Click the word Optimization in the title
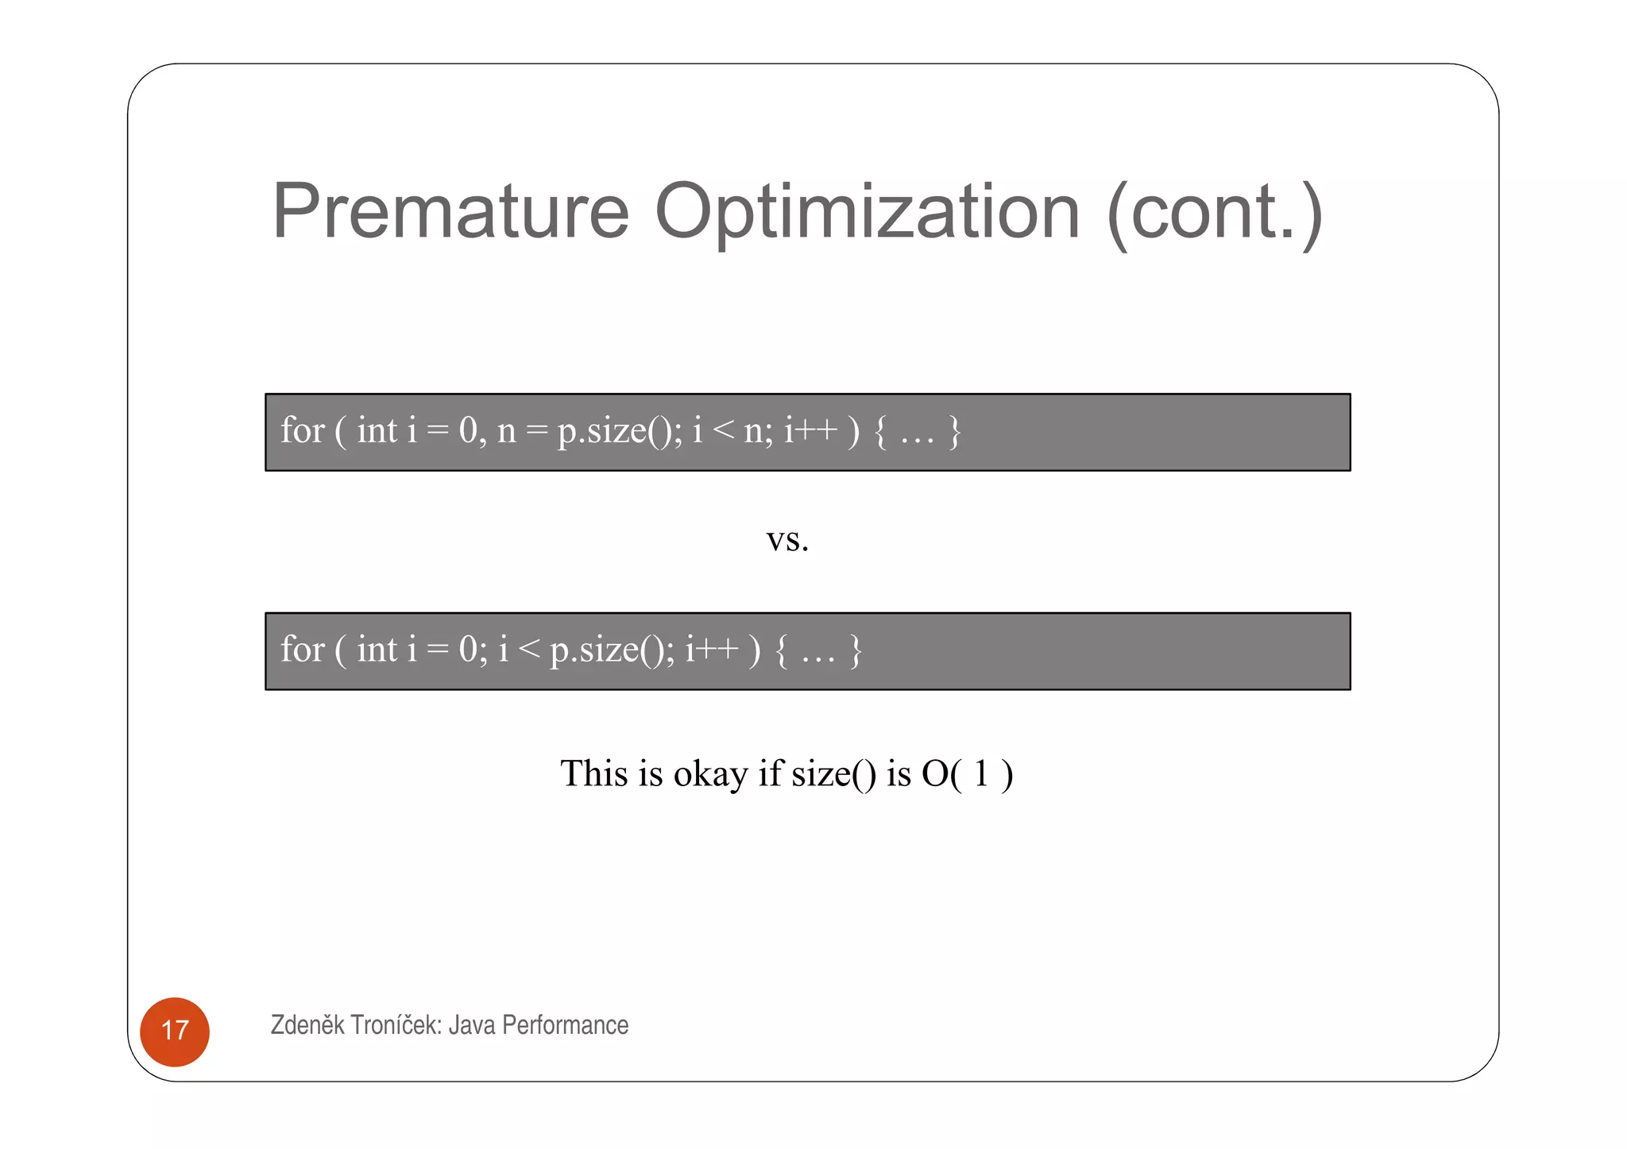[x=867, y=213]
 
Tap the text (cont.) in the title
[x=1215, y=213]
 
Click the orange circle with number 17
[x=175, y=1031]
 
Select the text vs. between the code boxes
[x=787, y=541]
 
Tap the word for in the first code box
[x=302, y=431]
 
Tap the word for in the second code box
[x=302, y=650]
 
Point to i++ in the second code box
[x=712, y=650]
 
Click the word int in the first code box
[x=377, y=431]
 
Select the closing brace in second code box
[x=856, y=650]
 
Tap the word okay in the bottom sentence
[x=710, y=774]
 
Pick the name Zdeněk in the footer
[x=307, y=1025]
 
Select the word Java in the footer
[x=472, y=1025]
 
